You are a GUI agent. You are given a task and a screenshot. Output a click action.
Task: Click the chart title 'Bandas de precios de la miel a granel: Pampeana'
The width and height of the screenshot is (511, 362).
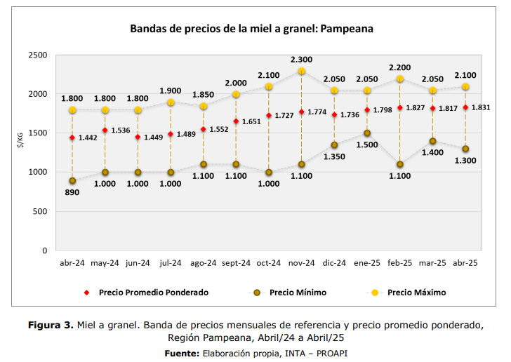coord(251,29)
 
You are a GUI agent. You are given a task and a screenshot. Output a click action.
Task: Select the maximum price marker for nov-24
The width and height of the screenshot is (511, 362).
coord(301,72)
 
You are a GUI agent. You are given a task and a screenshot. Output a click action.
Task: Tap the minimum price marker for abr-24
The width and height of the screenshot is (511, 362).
coord(72,181)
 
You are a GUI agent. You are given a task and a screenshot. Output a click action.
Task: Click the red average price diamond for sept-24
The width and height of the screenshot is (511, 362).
coord(236,121)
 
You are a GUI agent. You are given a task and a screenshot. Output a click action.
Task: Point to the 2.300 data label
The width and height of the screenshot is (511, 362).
coord(301,60)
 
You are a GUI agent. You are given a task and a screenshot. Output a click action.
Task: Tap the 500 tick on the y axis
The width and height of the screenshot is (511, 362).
coord(40,211)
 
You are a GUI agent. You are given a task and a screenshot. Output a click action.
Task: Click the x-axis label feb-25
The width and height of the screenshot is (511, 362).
coord(399,263)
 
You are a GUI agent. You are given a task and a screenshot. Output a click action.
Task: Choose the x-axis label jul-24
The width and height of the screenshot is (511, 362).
coord(171,263)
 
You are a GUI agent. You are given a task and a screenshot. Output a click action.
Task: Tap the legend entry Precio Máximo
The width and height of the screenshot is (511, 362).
coord(416,293)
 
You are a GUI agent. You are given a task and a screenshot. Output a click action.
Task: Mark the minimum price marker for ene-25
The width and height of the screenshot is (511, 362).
coord(367,133)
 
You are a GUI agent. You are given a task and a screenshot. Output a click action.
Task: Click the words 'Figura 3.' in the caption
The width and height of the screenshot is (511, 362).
coord(51,326)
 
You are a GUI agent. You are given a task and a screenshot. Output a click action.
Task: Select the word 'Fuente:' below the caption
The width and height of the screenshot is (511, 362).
coord(182,352)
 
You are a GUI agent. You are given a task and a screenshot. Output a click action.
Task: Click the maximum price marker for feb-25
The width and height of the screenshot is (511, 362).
coord(399,79)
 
